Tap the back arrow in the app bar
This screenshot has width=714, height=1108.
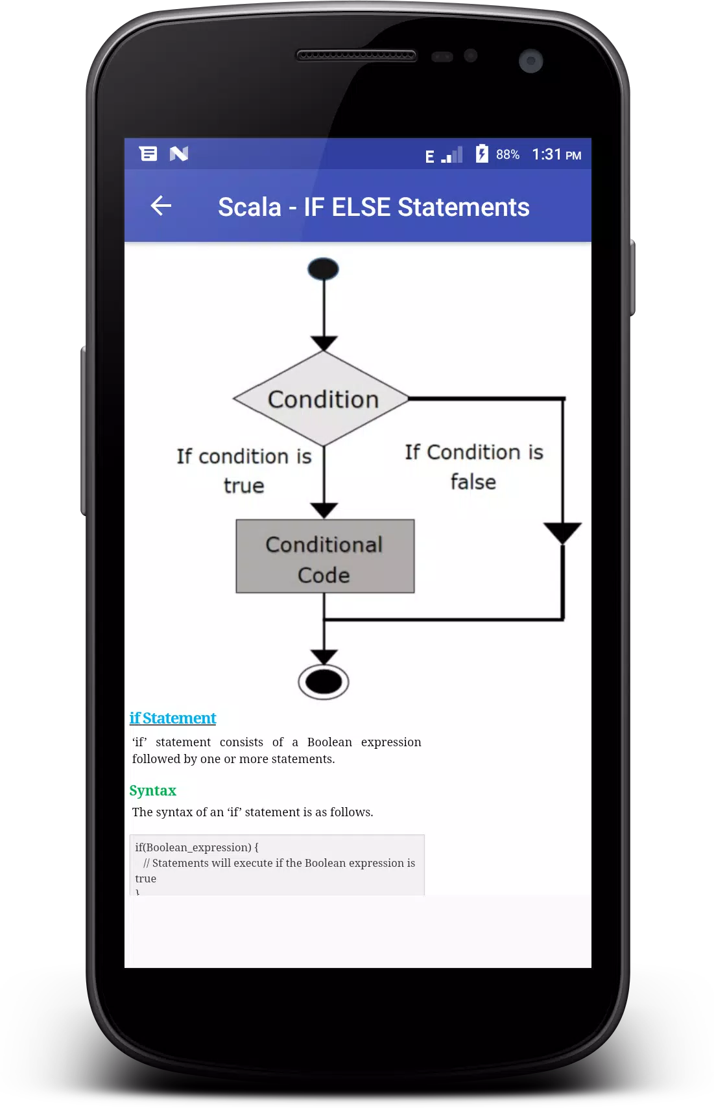point(161,206)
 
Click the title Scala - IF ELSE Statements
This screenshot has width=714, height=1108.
point(374,207)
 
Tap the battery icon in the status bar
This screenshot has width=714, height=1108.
point(481,154)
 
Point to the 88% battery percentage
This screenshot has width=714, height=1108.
point(508,155)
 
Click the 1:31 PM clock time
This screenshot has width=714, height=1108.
point(556,155)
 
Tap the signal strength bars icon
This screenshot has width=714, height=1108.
point(452,155)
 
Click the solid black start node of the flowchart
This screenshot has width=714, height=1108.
point(323,269)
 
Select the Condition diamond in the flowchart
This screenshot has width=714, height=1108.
point(322,399)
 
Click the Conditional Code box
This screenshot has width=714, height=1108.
point(325,556)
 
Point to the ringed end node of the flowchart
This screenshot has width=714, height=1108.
point(324,682)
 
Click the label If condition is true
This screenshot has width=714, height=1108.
point(244,471)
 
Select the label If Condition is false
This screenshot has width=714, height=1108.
point(474,467)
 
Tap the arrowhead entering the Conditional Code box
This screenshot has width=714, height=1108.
point(324,510)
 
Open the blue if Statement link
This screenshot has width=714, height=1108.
point(173,718)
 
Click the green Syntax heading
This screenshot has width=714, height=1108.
point(153,790)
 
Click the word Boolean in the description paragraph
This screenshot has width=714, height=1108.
point(329,742)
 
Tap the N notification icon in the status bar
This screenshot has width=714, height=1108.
point(178,154)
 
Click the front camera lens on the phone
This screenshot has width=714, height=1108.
point(531,61)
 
